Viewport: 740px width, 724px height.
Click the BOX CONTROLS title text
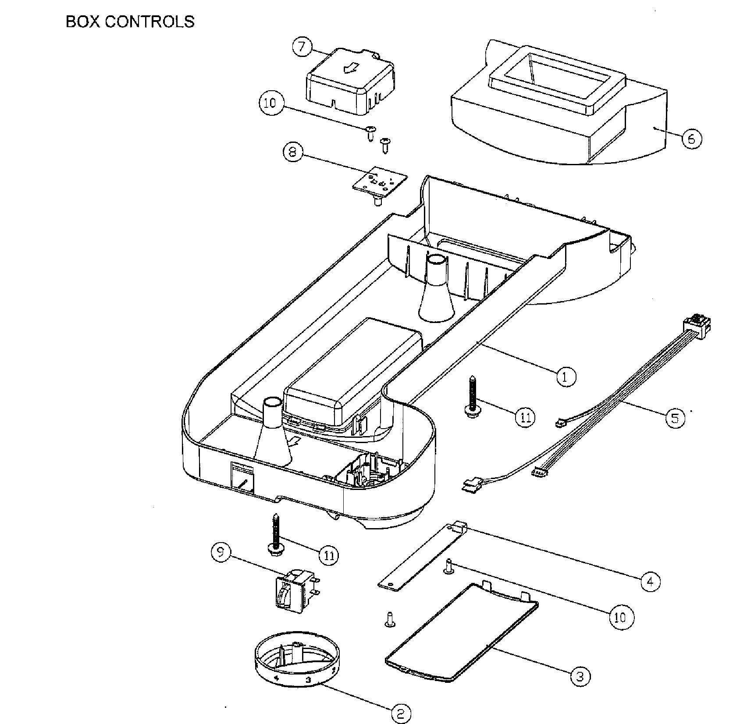tap(130, 21)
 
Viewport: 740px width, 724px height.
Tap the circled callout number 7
tap(302, 47)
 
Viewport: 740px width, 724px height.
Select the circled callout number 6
tap(691, 139)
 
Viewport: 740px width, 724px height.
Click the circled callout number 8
tap(293, 153)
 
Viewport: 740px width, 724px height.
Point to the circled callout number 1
tap(566, 376)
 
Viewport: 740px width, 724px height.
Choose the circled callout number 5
tap(675, 418)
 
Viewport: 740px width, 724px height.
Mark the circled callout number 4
tap(650, 582)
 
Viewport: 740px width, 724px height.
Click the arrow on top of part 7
tap(350, 68)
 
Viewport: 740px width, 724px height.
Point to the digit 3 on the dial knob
tap(308, 680)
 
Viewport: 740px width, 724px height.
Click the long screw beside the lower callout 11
tap(275, 536)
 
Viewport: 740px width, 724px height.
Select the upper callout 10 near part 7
tap(270, 103)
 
